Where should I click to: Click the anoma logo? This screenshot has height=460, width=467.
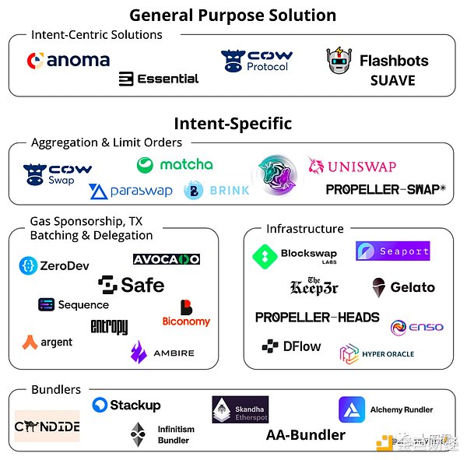(x=68, y=60)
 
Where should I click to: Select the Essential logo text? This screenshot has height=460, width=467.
(x=159, y=79)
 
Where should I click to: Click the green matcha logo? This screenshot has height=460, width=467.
(x=174, y=164)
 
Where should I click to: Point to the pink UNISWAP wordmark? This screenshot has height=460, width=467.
(x=352, y=166)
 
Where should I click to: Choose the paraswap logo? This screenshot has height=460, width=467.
(x=130, y=191)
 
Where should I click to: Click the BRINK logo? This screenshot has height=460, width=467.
(x=216, y=190)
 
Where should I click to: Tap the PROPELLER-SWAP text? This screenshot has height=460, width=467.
(x=385, y=189)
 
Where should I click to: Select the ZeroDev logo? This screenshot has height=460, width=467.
(x=54, y=265)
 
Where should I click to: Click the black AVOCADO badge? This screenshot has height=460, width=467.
(x=166, y=259)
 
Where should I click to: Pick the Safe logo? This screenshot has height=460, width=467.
(x=132, y=285)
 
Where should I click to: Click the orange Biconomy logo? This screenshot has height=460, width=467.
(x=186, y=314)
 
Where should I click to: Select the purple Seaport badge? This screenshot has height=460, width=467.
(x=392, y=251)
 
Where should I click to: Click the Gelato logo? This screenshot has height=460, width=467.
(x=402, y=287)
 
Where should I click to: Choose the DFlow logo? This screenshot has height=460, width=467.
(x=291, y=346)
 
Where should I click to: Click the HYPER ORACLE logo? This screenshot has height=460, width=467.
(x=377, y=354)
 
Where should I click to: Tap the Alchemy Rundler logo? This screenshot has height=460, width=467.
(x=385, y=409)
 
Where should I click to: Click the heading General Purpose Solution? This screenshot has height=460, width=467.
(x=233, y=15)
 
